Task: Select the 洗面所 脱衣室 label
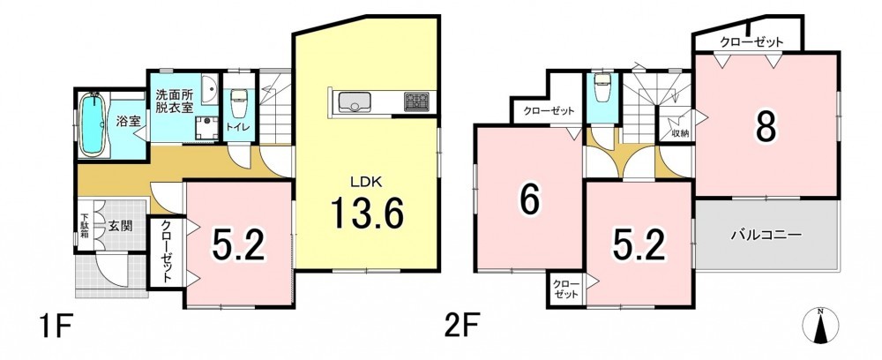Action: pos(175,100)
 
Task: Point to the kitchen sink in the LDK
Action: pos(354,101)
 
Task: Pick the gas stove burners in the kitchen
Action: pos(416,101)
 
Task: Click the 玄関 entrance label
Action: pos(120,227)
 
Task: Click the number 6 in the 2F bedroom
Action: pos(529,199)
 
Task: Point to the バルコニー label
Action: pos(766,236)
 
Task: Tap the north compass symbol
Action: pos(820,326)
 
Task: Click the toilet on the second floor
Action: pos(602,89)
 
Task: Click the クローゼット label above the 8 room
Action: pos(751,42)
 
